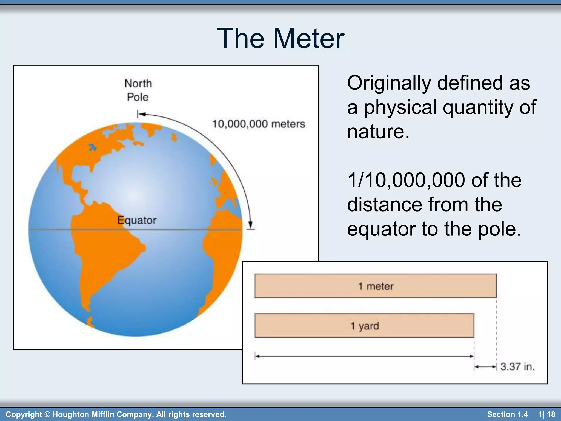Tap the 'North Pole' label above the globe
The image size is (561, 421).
[138, 90]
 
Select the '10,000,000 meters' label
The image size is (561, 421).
[258, 124]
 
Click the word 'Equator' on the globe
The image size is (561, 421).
[137, 220]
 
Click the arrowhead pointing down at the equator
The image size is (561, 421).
[250, 225]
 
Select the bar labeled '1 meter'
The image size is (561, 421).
[375, 286]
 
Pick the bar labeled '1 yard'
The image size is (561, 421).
[364, 326]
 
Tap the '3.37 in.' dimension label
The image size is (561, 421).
[517, 366]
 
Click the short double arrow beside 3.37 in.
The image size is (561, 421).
[485, 366]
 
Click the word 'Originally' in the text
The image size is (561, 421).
[389, 83]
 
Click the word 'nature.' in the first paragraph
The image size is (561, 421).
[378, 132]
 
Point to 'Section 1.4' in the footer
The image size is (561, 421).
[507, 414]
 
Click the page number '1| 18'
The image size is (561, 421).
[546, 414]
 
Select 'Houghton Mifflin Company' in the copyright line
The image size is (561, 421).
[103, 414]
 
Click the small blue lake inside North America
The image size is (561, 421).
[93, 148]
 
